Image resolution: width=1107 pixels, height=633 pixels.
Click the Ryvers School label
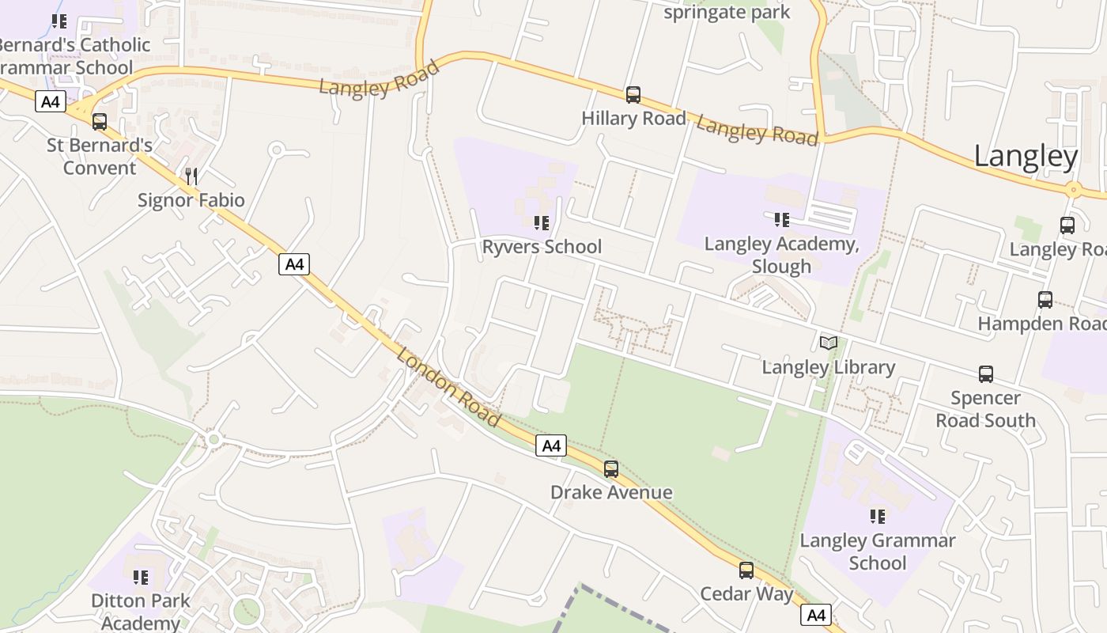542,247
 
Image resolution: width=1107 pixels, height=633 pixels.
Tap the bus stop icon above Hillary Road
633,95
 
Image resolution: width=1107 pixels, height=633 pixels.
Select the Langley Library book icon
828,343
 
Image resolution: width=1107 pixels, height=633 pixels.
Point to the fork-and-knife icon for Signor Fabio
191,176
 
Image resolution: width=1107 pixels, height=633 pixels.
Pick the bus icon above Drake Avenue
610,469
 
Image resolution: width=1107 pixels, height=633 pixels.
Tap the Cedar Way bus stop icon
746,570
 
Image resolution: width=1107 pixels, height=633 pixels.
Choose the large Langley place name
1026,156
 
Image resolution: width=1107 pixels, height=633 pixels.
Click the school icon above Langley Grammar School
877,517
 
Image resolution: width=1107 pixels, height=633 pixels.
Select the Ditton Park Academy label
141,611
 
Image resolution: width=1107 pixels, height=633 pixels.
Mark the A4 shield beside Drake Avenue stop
550,446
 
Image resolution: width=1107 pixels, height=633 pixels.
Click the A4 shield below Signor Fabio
294,264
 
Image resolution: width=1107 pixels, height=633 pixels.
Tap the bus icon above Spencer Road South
985,374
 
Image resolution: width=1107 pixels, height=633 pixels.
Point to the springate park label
727,12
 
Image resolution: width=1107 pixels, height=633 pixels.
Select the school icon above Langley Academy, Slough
781,220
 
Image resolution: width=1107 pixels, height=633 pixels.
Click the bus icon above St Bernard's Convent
99,122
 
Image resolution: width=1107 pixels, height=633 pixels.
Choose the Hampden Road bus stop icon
1045,300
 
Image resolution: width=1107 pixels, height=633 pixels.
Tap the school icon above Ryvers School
541,224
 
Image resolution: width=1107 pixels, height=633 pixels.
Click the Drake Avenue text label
611,492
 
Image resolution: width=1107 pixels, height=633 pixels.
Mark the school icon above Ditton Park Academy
141,578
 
